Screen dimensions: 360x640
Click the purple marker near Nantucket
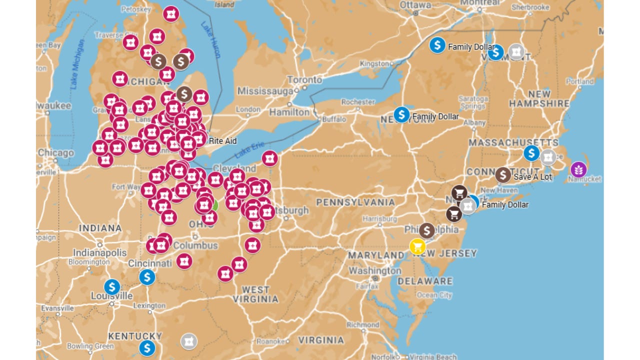pyautogui.click(x=578, y=169)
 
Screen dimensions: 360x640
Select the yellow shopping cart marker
pyautogui.click(x=417, y=246)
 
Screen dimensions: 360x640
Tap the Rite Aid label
pyautogui.click(x=222, y=141)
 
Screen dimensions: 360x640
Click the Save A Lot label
pyautogui.click(x=532, y=176)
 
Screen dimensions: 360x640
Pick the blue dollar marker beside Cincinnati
pyautogui.click(x=147, y=276)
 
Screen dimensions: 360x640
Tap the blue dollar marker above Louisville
pyautogui.click(x=112, y=287)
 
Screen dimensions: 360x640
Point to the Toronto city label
pyautogui.click(x=304, y=80)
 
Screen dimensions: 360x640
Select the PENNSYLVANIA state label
pyautogui.click(x=355, y=202)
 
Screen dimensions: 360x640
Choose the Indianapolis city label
pyautogui.click(x=100, y=252)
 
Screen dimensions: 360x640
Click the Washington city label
pyautogui.click(x=375, y=270)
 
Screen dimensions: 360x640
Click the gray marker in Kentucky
pyautogui.click(x=188, y=341)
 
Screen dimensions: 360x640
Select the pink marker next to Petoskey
pyautogui.click(x=171, y=14)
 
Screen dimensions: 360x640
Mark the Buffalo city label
pyautogui.click(x=334, y=120)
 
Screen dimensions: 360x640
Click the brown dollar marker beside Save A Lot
pyautogui.click(x=503, y=175)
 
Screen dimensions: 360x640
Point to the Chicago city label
pyautogui.click(x=55, y=153)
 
